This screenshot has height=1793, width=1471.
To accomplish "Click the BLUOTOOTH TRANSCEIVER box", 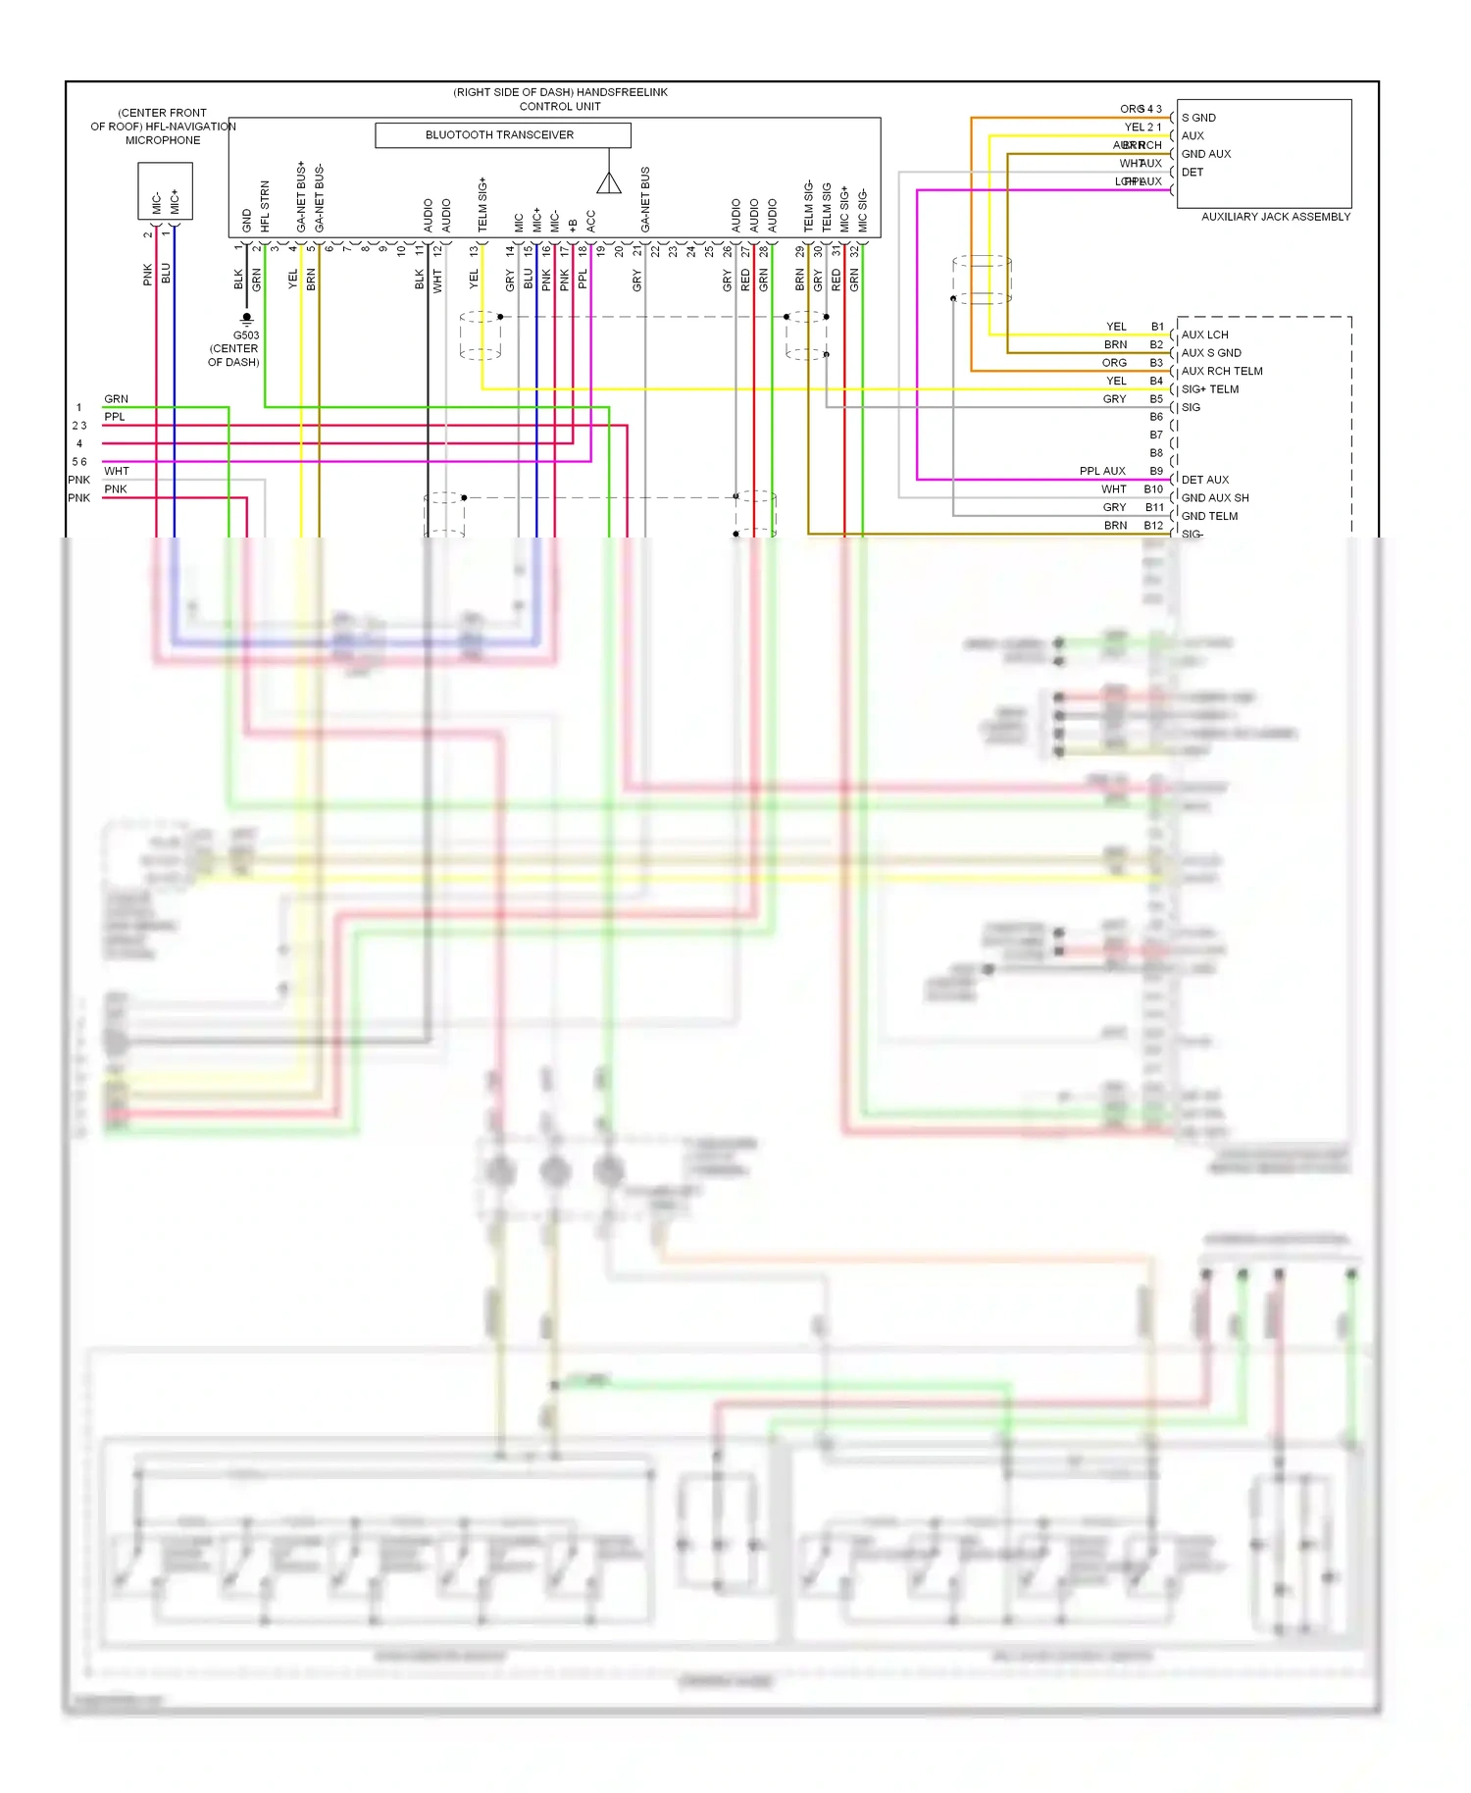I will click(x=502, y=135).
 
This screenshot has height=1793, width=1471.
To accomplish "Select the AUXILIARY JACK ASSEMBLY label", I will click(x=1276, y=217).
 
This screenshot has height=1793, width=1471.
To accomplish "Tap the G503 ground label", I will click(x=245, y=335).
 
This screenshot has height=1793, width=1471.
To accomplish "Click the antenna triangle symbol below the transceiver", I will click(x=609, y=182).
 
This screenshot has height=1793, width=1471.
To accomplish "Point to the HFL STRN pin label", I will click(x=265, y=206).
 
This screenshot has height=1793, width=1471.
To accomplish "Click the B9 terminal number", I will click(x=1156, y=471).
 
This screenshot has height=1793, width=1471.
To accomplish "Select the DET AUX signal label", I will click(x=1204, y=480).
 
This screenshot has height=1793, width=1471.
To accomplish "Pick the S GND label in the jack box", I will click(x=1198, y=118).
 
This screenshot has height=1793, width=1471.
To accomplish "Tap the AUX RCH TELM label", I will click(x=1222, y=371).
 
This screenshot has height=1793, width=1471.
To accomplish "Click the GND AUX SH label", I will click(x=1215, y=498).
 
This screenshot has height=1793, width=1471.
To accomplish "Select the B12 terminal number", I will click(x=1153, y=526).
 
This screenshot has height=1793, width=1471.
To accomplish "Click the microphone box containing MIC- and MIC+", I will click(x=165, y=191).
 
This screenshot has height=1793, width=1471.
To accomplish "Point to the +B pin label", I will click(x=573, y=225).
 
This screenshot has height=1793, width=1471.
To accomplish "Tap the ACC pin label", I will click(x=591, y=221).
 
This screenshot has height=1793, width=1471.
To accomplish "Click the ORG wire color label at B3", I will click(x=1114, y=363).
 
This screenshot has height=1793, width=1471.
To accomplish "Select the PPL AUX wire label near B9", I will click(x=1102, y=471).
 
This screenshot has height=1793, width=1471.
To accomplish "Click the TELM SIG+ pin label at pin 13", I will click(x=482, y=205).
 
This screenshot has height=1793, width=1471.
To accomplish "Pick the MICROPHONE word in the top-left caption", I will click(x=163, y=140).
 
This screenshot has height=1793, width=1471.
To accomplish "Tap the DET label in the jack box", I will click(x=1192, y=173).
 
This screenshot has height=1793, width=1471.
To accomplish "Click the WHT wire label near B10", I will click(x=1113, y=489).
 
